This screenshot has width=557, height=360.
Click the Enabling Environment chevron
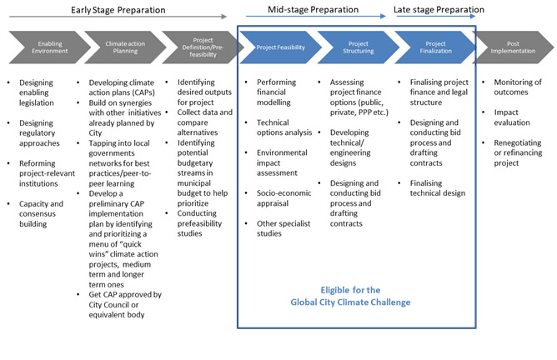(50, 47)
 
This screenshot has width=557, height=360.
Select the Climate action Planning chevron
(125, 47)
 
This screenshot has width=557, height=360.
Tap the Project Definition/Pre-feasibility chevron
(203, 47)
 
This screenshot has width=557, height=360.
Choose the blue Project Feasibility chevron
(281, 47)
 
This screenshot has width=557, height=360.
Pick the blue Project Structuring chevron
(358, 47)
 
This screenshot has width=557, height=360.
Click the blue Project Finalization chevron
(435, 47)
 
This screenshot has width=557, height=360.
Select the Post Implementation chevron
(513, 47)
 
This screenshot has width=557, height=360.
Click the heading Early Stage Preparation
(118, 10)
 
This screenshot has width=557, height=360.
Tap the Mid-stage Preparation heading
(313, 10)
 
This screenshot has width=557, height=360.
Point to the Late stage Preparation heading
(439, 10)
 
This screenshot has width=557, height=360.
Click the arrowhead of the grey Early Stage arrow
(223, 17)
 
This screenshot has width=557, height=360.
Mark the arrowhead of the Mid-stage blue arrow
(383, 16)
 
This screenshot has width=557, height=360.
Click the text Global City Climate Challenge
(350, 302)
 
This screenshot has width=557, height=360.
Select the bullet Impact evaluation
(512, 117)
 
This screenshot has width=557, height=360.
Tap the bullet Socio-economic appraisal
(284, 198)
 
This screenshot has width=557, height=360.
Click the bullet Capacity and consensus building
(41, 213)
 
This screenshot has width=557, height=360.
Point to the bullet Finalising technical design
(437, 188)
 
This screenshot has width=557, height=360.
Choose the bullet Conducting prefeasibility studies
(199, 223)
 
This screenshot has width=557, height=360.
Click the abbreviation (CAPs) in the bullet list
(143, 92)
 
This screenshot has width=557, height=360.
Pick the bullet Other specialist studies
(284, 228)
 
